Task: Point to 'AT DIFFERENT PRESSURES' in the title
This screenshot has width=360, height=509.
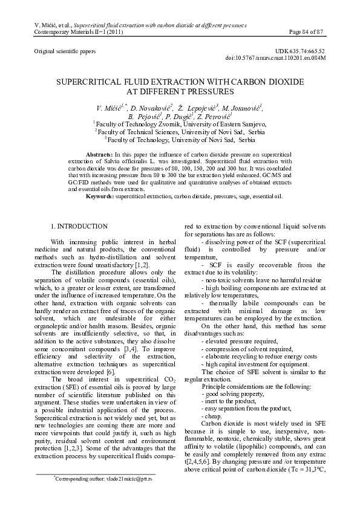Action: [x=179, y=91]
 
